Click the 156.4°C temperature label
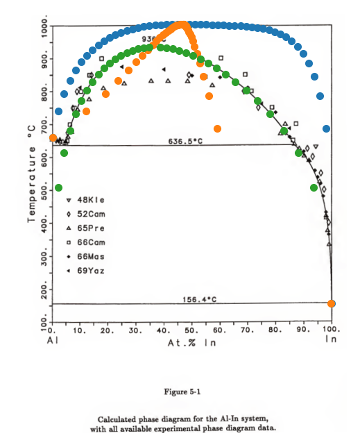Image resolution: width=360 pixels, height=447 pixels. click(x=200, y=299)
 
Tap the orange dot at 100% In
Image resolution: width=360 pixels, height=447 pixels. click(x=332, y=303)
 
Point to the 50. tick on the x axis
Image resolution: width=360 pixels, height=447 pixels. click(x=193, y=331)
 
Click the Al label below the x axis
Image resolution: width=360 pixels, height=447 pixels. click(x=52, y=341)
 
